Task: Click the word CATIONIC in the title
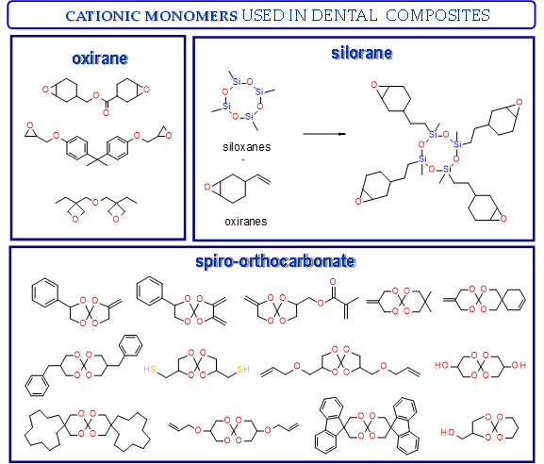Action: (x=103, y=16)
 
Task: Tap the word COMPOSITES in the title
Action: (x=437, y=16)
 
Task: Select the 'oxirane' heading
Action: (x=100, y=58)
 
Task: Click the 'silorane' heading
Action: (x=361, y=53)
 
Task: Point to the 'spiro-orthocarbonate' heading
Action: (x=275, y=261)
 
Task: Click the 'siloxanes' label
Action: (x=247, y=147)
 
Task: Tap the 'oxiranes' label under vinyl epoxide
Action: (x=246, y=222)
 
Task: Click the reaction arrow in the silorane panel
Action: (x=324, y=134)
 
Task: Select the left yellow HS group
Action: (x=150, y=369)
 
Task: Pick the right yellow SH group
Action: (x=243, y=369)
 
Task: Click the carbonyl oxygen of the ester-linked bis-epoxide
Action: (x=106, y=112)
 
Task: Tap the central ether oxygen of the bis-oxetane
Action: (x=95, y=203)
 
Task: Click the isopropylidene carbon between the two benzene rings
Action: (x=97, y=160)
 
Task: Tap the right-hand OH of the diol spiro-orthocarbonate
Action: (x=519, y=365)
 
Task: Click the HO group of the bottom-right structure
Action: (x=448, y=433)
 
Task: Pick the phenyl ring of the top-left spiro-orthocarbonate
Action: (x=45, y=292)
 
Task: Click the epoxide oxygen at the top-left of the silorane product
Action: (x=373, y=84)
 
